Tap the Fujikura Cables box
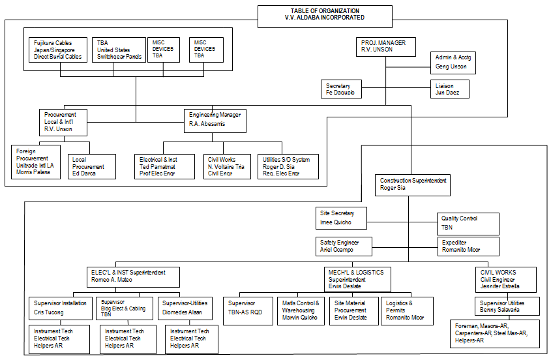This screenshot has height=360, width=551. tap(58, 50)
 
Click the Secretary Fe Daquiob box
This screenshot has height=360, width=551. tap(342, 89)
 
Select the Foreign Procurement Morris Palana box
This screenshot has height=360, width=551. tap(37, 161)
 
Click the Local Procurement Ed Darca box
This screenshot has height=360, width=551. tap(91, 166)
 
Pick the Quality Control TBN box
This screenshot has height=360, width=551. tap(468, 224)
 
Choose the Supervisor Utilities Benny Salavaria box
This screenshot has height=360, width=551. tap(507, 306)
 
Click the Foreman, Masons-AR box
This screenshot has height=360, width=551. tap(495, 333)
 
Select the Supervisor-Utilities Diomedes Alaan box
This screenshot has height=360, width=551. tap(185, 307)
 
